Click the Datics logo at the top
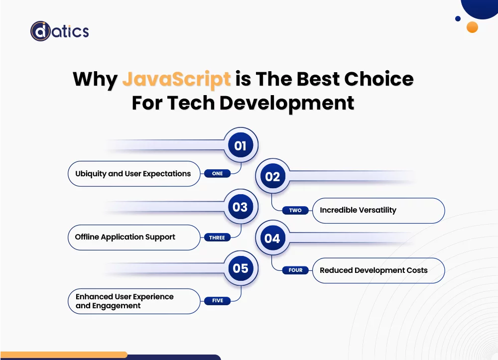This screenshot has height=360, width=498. click(x=59, y=31)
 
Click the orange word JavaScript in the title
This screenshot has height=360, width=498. click(x=176, y=79)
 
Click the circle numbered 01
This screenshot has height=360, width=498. click(x=241, y=145)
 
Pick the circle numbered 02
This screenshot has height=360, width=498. click(x=272, y=176)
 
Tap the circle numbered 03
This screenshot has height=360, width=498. click(x=241, y=207)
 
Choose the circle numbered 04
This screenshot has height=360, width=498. click(x=272, y=238)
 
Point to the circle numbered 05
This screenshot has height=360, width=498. click(x=241, y=268)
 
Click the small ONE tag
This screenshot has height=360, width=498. click(x=217, y=174)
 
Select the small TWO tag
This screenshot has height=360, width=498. click(x=295, y=210)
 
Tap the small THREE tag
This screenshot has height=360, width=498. click(x=217, y=238)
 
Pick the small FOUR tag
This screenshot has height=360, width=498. click(x=295, y=270)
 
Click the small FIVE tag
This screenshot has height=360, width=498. click(x=217, y=301)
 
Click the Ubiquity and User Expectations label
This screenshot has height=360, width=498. click(x=133, y=174)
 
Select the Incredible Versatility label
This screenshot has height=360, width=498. click(x=358, y=210)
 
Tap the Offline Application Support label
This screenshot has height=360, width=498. click(x=125, y=237)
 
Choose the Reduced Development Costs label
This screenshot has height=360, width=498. click(x=373, y=270)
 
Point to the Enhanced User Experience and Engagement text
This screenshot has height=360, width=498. click(x=124, y=301)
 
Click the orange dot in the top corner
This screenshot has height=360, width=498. click(x=472, y=27)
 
